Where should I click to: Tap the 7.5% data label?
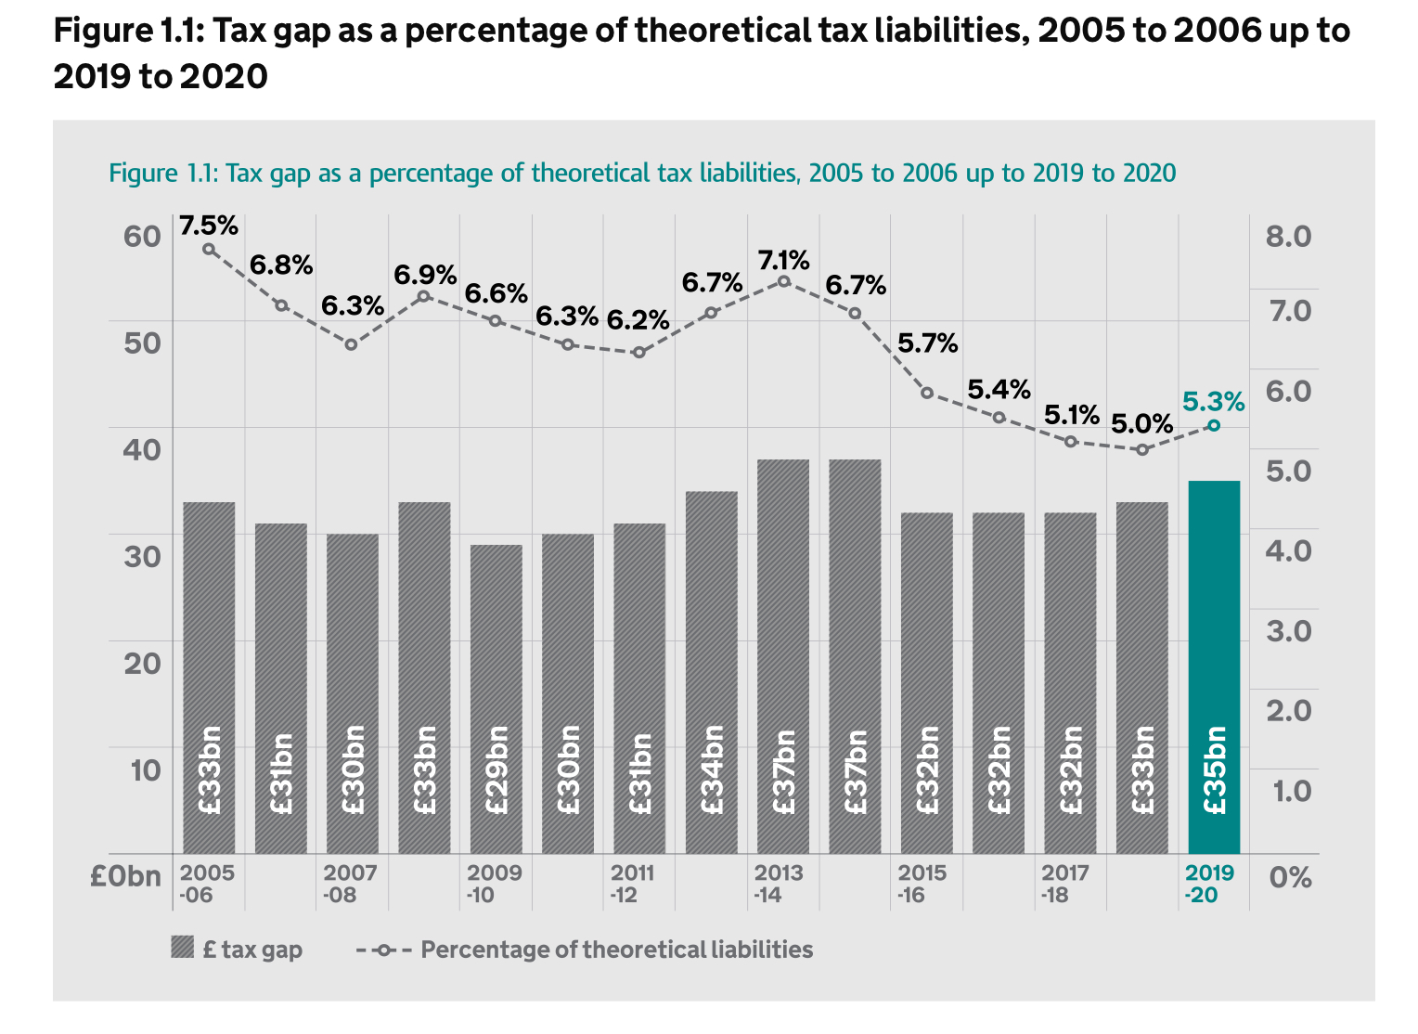(209, 226)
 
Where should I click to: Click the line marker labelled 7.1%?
(783, 281)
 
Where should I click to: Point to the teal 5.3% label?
(1213, 402)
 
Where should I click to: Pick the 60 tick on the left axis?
(142, 236)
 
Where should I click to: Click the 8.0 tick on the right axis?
(1288, 236)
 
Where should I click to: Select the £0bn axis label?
(125, 877)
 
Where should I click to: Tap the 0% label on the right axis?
(1290, 877)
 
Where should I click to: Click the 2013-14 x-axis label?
(778, 884)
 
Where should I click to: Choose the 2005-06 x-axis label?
(206, 884)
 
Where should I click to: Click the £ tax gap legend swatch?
(183, 949)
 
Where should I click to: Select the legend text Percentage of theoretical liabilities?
(616, 950)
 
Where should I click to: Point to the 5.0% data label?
(1141, 424)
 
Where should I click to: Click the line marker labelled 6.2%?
(638, 353)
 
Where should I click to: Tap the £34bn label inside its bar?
(713, 770)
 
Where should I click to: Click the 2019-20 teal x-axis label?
(1209, 884)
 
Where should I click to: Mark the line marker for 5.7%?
(926, 393)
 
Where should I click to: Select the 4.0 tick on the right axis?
(1288, 550)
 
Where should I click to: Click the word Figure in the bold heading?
(97, 31)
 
